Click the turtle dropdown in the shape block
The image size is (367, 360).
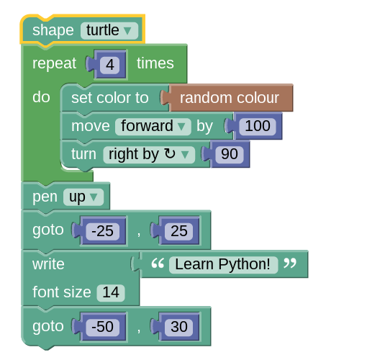point(109,31)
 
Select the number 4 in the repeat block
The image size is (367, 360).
point(110,65)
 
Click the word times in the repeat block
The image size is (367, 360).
point(155,63)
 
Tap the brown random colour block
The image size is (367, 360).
point(230,98)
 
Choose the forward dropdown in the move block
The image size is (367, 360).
point(153,126)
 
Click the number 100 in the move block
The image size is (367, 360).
point(258,126)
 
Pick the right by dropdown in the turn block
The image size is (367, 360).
point(149,154)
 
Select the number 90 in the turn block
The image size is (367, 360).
point(230,154)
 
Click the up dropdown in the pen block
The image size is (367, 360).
point(83,197)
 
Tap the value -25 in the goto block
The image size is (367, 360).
point(103,231)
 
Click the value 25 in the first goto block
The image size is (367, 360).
point(179,231)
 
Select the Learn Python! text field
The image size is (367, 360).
point(223,265)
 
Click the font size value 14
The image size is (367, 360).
point(111,293)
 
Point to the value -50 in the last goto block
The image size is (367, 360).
point(103,327)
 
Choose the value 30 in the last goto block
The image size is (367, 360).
point(179,327)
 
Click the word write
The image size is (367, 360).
point(48,264)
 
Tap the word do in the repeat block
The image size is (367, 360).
point(41,97)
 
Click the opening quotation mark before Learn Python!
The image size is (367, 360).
point(158,264)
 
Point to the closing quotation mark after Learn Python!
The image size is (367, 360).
point(290,264)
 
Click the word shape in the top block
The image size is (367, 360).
point(53,31)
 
